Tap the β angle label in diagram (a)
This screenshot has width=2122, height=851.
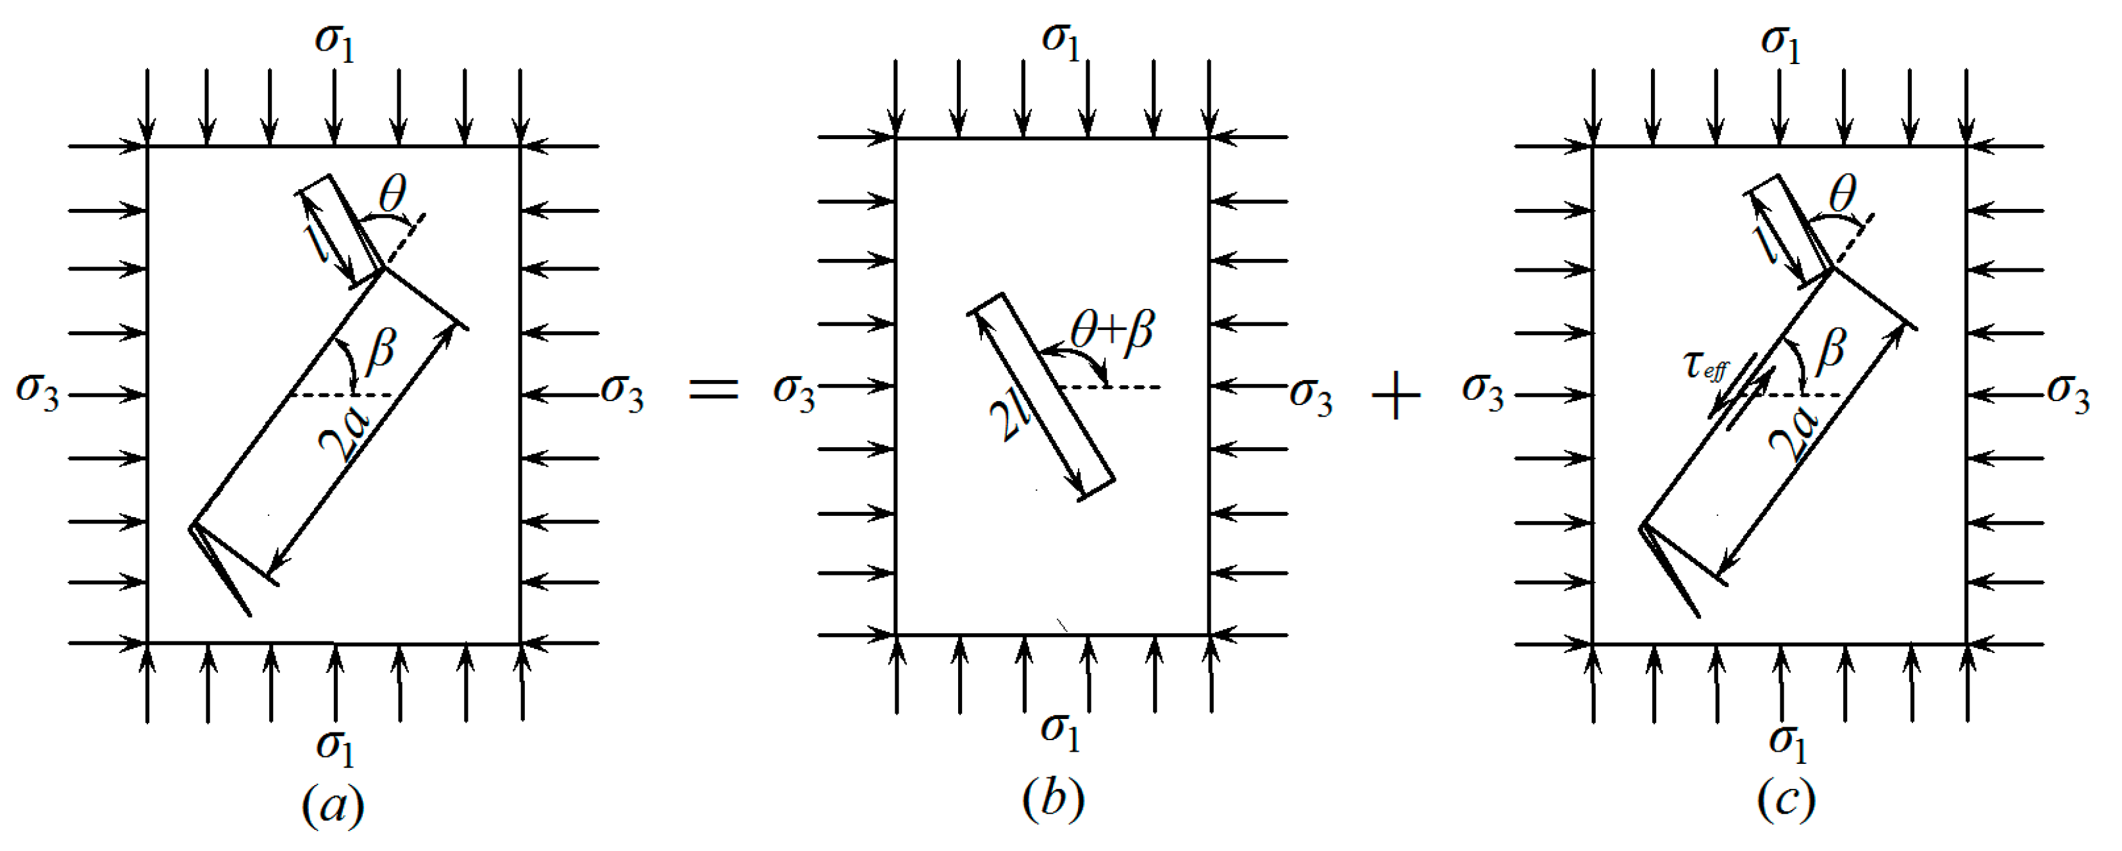coord(381,349)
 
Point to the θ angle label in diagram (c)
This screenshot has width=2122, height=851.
coord(1843,196)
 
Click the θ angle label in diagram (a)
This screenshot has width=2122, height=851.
coord(393,196)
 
